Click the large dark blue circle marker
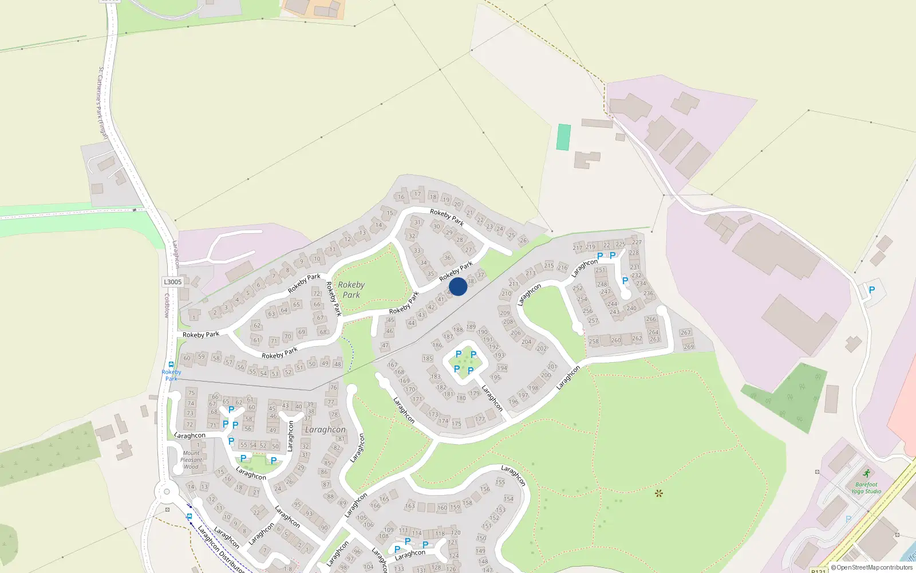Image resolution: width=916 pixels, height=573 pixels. point(458,286)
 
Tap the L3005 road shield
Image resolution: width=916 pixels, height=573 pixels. point(172,282)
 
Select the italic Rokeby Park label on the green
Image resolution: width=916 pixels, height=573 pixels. point(351,290)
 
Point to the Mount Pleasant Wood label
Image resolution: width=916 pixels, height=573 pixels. point(191,460)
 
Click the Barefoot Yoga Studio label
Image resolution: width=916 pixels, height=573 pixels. point(866,488)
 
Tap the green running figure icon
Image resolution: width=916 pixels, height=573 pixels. point(867,474)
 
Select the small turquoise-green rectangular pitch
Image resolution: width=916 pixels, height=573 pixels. point(564,138)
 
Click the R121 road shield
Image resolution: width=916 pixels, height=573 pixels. point(819,570)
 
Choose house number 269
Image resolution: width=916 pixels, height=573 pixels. point(689,346)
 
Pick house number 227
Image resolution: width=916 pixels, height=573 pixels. point(637,242)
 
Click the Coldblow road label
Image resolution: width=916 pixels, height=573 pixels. point(167,305)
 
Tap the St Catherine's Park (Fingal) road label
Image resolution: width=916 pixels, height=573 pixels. point(102,103)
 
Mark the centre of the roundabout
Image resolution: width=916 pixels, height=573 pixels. point(167,491)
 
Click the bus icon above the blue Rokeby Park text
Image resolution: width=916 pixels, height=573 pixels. point(171,364)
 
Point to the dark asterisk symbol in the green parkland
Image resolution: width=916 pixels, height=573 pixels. point(658,493)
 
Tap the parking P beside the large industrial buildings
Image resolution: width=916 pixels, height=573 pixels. point(872,290)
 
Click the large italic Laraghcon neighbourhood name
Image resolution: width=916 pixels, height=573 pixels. point(325,430)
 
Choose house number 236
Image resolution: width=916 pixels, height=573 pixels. point(648,293)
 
